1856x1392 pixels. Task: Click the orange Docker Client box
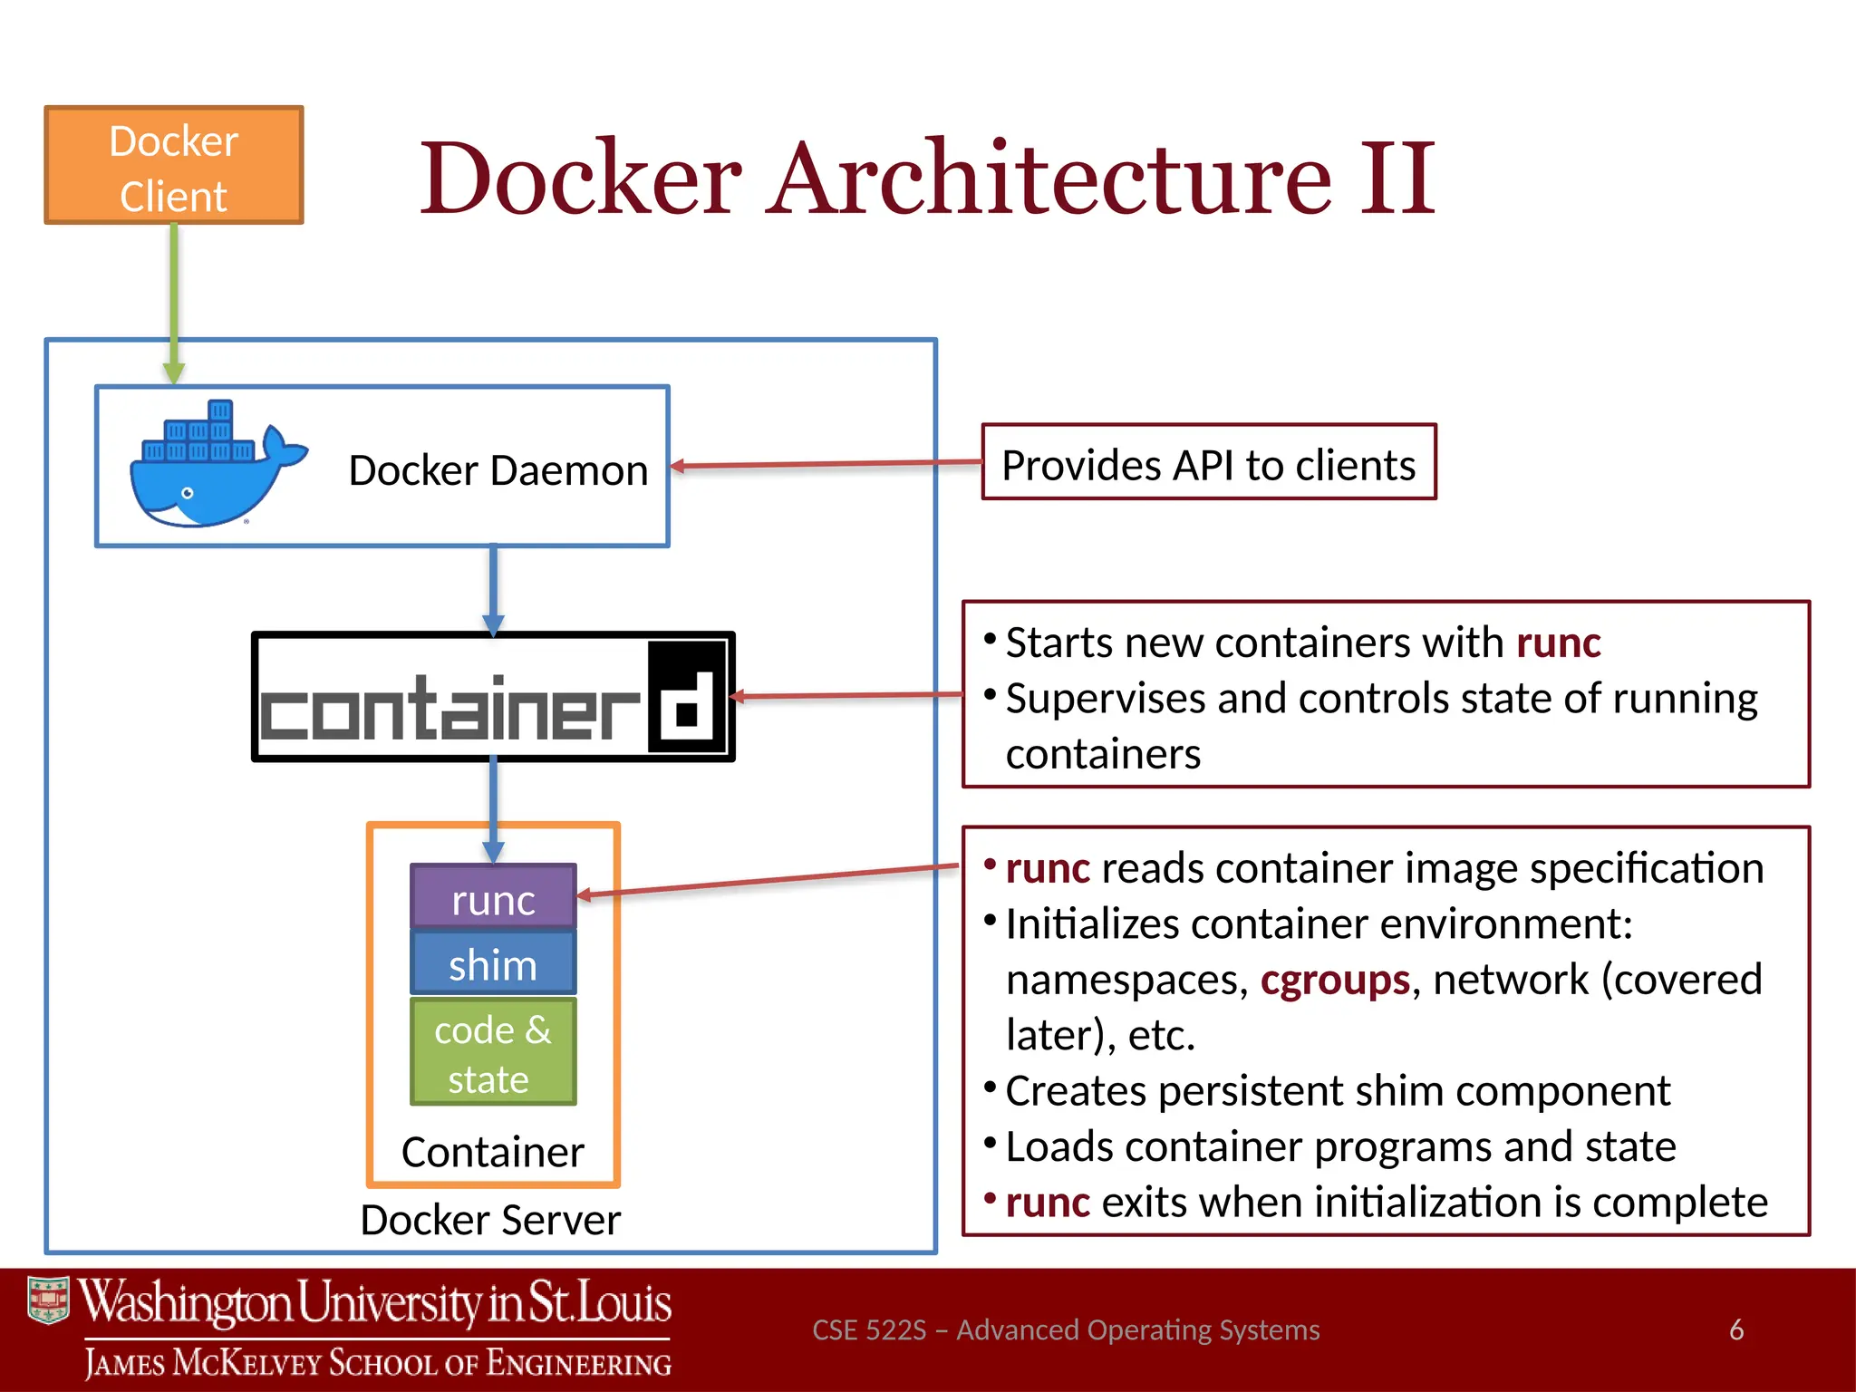173,165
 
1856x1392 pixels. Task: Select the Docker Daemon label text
498,470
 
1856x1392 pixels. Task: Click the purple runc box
493,897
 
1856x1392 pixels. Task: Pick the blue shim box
493,963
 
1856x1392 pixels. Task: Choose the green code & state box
493,1053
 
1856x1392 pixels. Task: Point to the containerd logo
492,697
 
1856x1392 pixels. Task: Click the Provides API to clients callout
1208,463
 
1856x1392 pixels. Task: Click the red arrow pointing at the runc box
770,880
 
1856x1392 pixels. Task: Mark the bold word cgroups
1334,980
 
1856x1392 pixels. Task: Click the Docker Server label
490,1220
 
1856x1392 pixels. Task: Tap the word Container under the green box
492,1153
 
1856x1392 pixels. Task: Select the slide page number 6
1735,1329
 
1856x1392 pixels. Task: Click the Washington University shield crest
48,1301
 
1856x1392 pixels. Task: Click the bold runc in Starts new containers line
1558,643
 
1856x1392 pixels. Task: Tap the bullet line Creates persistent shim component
1337,1090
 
